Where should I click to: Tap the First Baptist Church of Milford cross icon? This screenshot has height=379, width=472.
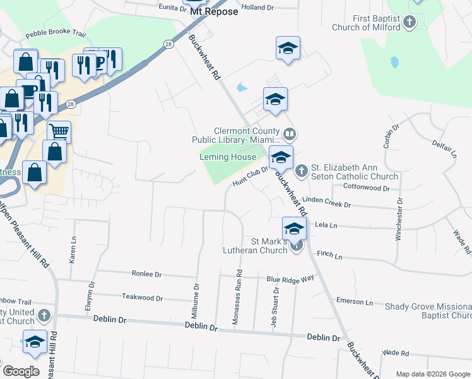pos(410,23)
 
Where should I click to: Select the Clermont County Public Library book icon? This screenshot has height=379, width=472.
pos(290,133)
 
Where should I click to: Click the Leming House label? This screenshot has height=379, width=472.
pos(228,157)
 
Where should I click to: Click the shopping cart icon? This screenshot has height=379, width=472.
pos(59,131)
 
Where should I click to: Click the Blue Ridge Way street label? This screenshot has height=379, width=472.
pos(290,279)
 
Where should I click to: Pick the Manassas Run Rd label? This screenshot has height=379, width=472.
pos(239,297)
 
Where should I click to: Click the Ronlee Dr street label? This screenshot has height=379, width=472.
pos(147,275)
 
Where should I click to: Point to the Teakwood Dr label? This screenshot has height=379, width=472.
pos(143,297)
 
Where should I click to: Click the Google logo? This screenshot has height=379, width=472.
pos(21,371)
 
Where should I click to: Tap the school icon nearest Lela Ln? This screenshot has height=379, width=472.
pos(294,228)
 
